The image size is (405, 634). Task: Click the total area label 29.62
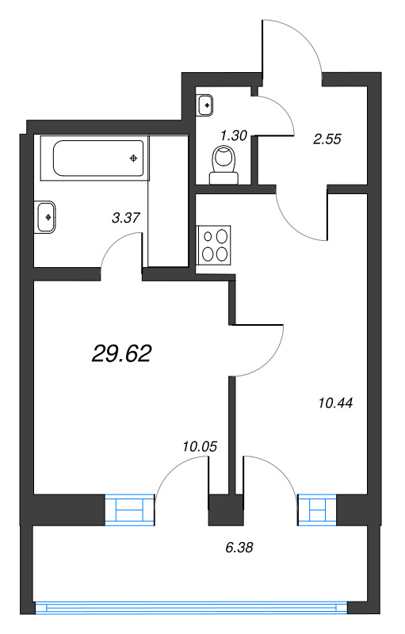point(121,353)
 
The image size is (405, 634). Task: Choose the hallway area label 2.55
point(327,139)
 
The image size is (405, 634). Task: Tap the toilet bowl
point(223,162)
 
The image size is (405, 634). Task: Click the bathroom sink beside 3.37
point(45,216)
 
